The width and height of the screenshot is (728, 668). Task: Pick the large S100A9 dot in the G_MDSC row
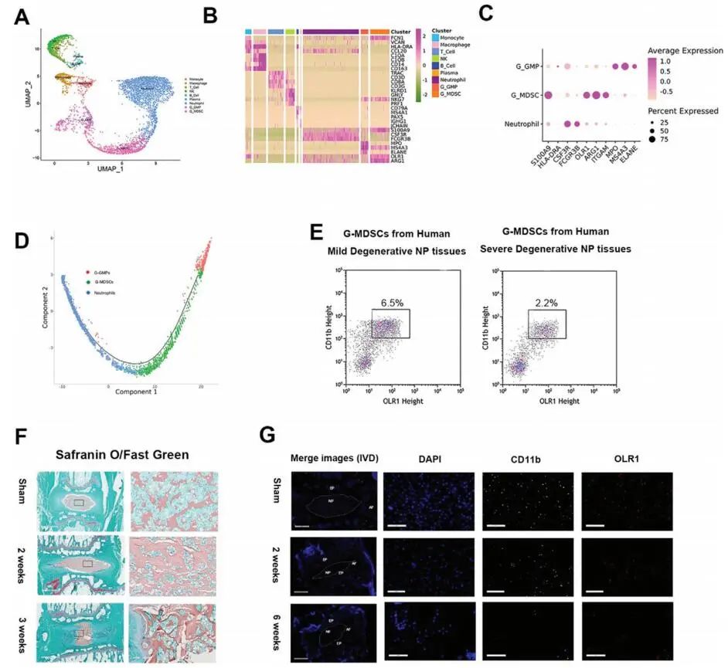pos(548,96)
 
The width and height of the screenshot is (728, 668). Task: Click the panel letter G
pos(267,436)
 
